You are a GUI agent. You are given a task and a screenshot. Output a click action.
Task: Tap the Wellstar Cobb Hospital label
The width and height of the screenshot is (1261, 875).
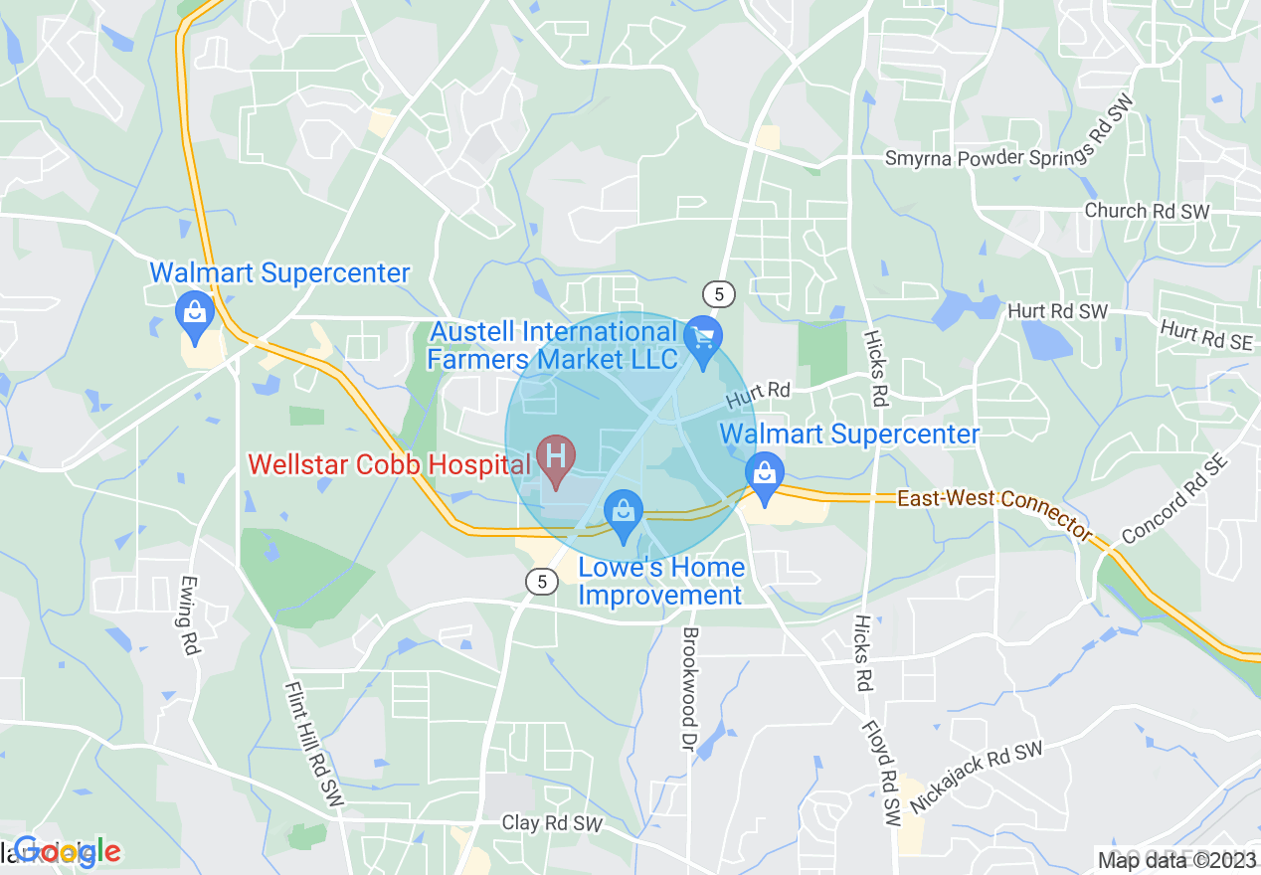click(x=389, y=464)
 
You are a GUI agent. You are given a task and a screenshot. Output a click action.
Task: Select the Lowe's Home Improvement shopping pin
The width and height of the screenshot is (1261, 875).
click(x=624, y=514)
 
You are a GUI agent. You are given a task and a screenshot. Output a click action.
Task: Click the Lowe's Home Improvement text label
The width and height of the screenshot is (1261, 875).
click(x=661, y=582)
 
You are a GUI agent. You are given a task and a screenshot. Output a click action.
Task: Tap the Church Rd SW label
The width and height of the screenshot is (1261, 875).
click(x=1147, y=211)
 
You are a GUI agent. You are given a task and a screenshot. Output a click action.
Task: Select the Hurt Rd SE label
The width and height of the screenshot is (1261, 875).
click(x=1205, y=334)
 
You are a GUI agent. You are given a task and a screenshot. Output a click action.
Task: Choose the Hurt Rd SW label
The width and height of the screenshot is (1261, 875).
click(x=1057, y=312)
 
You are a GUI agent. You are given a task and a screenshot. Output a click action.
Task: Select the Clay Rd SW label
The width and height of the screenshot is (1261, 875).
click(x=552, y=823)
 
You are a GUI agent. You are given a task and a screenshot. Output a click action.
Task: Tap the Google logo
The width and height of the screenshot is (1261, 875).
click(x=68, y=851)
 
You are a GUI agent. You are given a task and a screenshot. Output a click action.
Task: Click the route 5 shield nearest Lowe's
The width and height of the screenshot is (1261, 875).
click(x=541, y=582)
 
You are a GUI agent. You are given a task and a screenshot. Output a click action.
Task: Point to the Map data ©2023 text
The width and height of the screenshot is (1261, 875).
click(x=1175, y=859)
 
